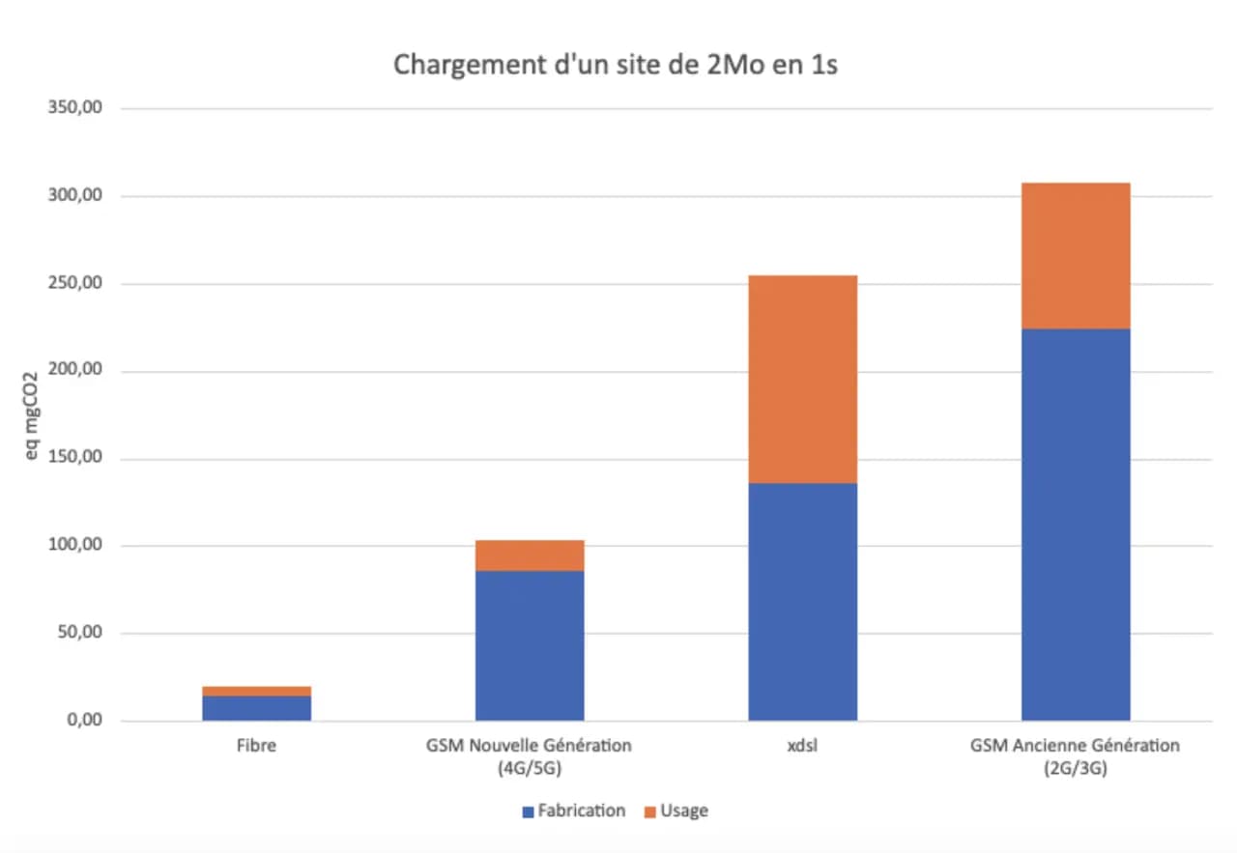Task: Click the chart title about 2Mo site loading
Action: point(615,65)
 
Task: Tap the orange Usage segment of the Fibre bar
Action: point(256,691)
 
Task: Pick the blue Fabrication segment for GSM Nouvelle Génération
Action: point(530,645)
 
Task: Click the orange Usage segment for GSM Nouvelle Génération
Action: point(530,555)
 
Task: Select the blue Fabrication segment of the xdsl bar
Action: point(802,601)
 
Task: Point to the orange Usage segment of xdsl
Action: point(802,379)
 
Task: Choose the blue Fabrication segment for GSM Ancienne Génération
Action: point(1076,525)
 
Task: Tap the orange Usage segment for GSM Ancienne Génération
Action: point(1076,255)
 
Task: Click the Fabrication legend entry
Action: point(573,810)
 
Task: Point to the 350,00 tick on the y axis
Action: point(75,108)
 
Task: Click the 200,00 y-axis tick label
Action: point(75,371)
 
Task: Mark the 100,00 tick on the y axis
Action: point(75,546)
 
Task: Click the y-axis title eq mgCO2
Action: point(33,414)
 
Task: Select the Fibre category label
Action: point(256,746)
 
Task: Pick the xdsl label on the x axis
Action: point(802,746)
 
